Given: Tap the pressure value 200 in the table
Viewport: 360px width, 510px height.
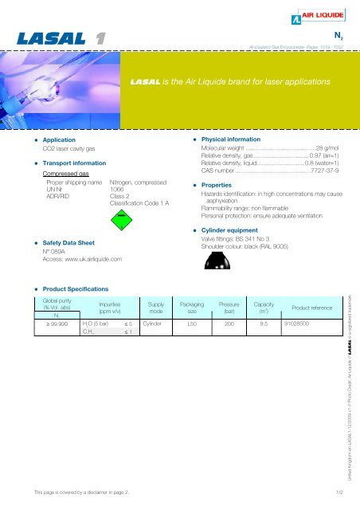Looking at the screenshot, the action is (229, 325).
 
